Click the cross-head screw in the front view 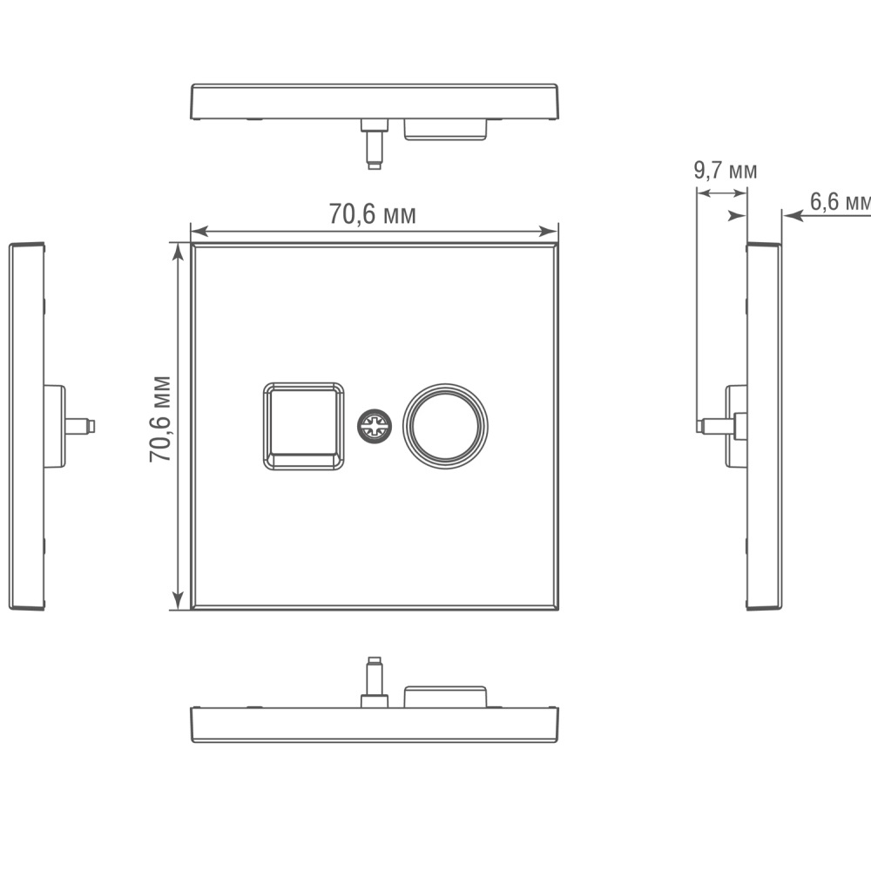375,426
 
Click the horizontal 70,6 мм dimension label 372,213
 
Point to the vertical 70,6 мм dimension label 159,419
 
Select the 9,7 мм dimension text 725,170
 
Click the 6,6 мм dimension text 840,202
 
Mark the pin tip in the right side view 701,426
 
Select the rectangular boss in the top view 445,129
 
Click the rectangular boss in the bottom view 445,696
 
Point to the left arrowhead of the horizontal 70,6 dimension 197,231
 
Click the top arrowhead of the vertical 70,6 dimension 179,251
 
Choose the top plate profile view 375,102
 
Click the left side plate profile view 26,426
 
